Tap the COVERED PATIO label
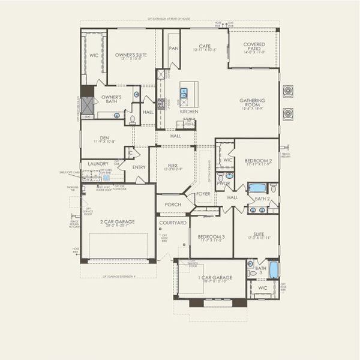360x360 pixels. point(259,46)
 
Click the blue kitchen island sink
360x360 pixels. point(184,92)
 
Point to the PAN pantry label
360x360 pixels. point(174,49)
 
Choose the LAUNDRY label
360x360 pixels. point(98,163)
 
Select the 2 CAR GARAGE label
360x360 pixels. point(117,221)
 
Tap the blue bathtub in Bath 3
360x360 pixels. point(274,269)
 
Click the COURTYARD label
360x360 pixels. point(173,223)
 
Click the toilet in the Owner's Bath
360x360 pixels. point(133,119)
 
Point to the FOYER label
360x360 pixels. point(203,194)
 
